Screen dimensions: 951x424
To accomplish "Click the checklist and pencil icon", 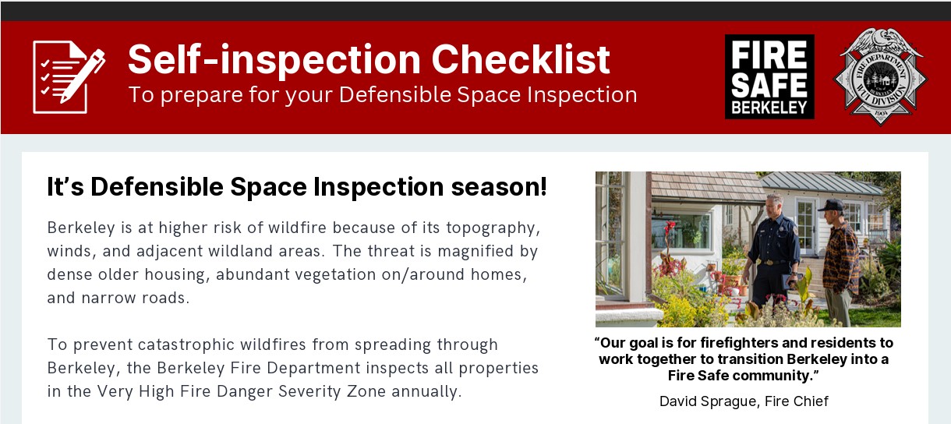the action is (x=69, y=77).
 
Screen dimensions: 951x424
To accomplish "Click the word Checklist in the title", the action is (x=521, y=59).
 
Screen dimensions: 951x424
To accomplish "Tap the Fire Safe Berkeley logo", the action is (x=769, y=77).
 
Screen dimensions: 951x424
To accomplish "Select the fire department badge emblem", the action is (x=881, y=77).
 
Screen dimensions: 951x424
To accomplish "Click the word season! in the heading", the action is (x=499, y=187).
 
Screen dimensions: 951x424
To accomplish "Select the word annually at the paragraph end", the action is (x=426, y=392).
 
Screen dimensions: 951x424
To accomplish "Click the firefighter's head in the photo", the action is (x=774, y=206).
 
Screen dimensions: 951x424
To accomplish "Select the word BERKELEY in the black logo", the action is (x=769, y=108).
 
